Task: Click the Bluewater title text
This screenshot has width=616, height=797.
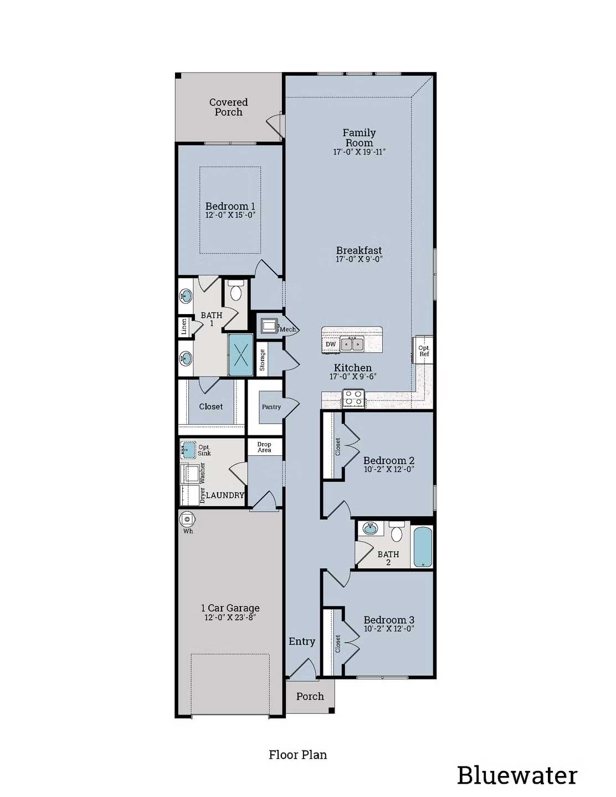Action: click(x=516, y=775)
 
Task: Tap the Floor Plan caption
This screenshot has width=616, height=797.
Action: click(x=297, y=754)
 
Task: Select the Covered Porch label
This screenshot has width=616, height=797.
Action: click(x=228, y=107)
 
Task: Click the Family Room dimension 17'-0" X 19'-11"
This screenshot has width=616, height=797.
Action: click(x=359, y=152)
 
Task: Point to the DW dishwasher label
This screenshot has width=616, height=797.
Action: click(x=331, y=344)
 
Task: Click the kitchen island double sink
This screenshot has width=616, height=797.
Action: click(x=352, y=344)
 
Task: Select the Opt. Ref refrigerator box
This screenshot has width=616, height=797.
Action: click(x=424, y=351)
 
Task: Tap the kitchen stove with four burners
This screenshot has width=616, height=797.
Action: click(x=353, y=398)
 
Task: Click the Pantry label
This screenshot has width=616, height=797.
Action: click(x=271, y=407)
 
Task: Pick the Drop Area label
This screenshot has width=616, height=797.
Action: click(x=264, y=447)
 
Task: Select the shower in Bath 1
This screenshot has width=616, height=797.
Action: click(x=240, y=354)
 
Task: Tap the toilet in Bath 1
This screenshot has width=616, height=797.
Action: click(x=236, y=291)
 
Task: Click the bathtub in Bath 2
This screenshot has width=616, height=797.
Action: click(x=422, y=547)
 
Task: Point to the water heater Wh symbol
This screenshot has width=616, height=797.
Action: click(x=187, y=520)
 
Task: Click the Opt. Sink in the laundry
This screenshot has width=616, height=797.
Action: click(x=188, y=449)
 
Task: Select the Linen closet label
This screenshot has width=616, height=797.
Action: click(x=183, y=327)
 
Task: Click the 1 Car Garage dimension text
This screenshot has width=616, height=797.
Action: click(x=230, y=618)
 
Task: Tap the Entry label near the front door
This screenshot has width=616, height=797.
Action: click(x=302, y=641)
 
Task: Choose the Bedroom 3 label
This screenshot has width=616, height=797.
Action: click(x=389, y=620)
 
